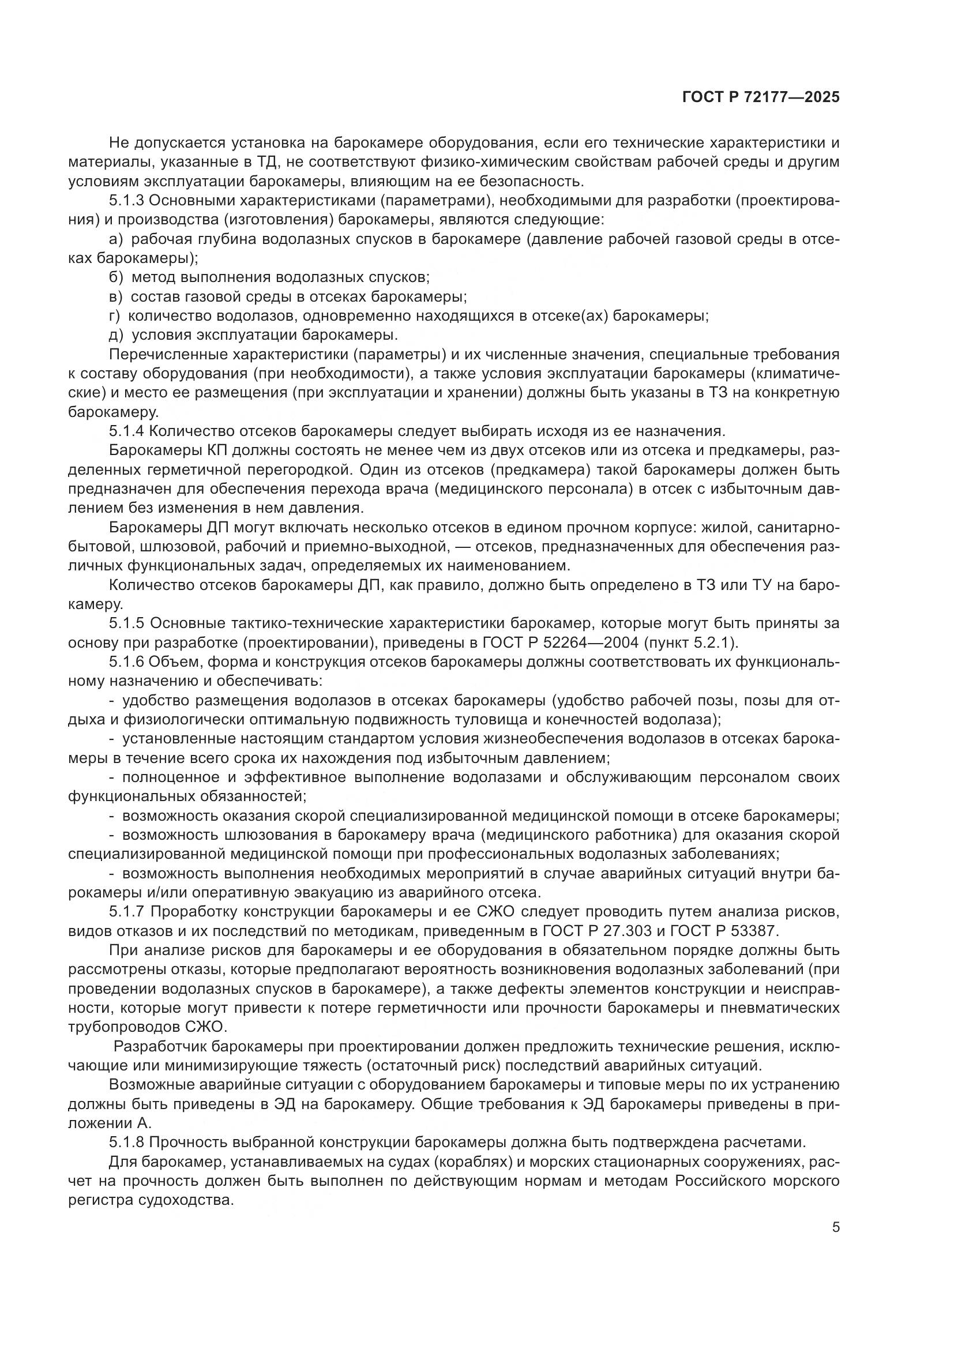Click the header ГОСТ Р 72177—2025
[760, 97]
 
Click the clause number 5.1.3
[126, 201]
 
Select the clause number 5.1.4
[126, 431]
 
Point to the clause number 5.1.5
[126, 623]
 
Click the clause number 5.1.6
[126, 662]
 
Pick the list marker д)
[117, 336]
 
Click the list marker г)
[115, 316]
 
